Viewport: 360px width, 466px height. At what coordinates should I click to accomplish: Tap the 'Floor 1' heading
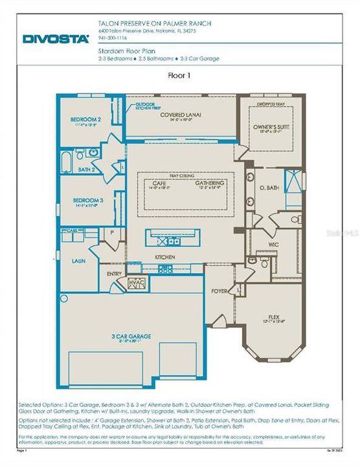coord(179,75)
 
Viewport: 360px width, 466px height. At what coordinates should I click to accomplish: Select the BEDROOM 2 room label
coord(85,120)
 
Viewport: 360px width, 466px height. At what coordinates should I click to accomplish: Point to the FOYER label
coord(219,291)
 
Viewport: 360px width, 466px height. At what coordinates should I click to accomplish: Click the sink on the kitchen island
coord(173,241)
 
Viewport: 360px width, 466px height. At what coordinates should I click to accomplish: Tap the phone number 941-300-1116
coord(114,38)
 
